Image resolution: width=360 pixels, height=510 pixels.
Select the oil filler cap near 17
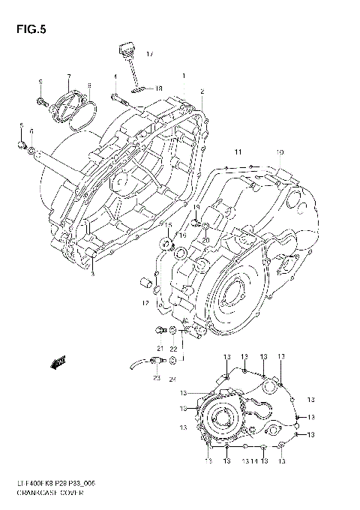point(126,53)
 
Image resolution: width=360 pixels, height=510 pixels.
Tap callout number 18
point(158,88)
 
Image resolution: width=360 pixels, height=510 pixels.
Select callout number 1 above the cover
point(182,76)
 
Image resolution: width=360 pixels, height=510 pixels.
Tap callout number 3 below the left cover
point(92,275)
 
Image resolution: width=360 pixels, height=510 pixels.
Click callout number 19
point(196,208)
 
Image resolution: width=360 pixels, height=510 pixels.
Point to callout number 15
point(169,226)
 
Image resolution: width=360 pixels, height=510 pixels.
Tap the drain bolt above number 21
point(159,331)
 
